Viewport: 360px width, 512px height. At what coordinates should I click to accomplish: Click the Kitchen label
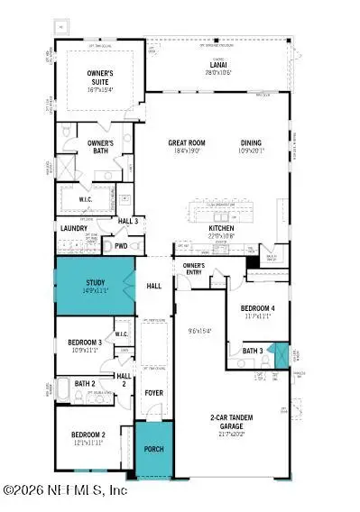click(222, 230)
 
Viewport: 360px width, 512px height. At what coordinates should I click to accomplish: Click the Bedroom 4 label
click(257, 311)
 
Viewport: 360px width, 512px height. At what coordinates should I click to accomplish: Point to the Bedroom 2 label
click(88, 436)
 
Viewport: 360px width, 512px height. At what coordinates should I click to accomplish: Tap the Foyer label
click(155, 393)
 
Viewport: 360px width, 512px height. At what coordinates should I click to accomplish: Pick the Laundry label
click(74, 229)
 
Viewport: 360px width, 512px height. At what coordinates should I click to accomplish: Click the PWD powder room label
click(121, 244)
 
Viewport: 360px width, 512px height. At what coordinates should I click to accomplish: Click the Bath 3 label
click(254, 351)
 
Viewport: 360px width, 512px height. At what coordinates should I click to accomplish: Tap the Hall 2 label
click(124, 379)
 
